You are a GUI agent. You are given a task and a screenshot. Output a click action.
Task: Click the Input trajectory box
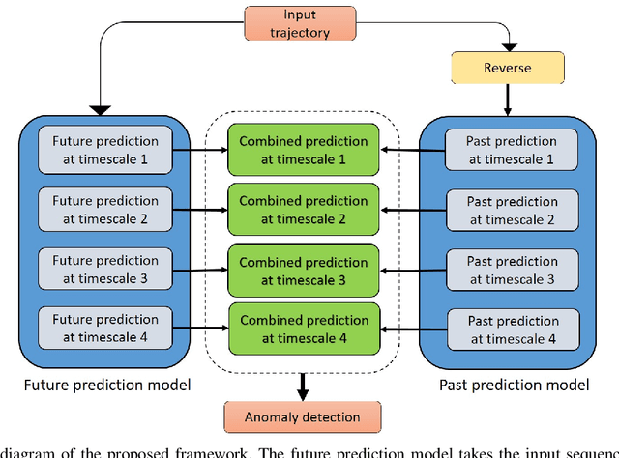306,24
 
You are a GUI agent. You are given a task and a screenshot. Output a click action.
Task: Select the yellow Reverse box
509,68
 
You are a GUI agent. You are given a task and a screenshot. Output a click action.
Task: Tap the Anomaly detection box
304,417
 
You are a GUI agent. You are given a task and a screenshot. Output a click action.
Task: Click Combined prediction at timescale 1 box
304,150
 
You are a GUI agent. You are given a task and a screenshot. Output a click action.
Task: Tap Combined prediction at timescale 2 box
304,210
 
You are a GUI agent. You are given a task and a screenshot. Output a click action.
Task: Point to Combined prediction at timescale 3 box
304,270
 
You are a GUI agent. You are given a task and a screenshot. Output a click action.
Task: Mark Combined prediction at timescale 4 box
304,329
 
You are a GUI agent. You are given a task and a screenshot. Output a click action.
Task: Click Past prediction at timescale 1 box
512,149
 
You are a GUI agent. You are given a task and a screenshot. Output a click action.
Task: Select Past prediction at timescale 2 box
512,209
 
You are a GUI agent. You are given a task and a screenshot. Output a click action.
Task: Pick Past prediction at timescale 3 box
512,269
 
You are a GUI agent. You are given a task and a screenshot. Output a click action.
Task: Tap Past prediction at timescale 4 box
512,329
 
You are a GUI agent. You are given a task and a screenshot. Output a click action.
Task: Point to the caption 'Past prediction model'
513,386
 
